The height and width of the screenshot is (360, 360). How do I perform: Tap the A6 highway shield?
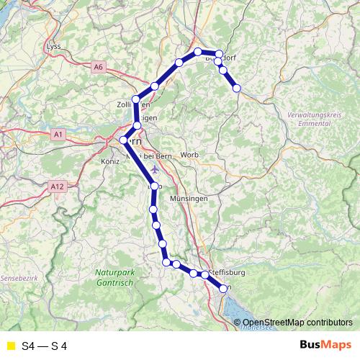click(99, 67)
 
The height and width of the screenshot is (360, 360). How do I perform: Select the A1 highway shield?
click(59, 134)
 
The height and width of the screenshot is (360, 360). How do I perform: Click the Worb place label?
click(189, 155)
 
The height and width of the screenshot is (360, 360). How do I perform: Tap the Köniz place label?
click(102, 162)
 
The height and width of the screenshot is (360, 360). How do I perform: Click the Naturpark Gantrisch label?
click(113, 277)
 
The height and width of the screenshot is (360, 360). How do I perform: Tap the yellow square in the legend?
click(10, 346)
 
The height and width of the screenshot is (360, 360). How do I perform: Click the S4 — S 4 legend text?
click(45, 346)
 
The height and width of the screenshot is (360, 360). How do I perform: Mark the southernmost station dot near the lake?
click(222, 288)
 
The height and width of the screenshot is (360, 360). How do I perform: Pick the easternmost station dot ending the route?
click(236, 88)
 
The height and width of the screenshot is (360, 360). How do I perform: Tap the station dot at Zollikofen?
click(136, 99)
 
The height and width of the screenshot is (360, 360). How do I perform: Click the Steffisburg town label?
click(228, 273)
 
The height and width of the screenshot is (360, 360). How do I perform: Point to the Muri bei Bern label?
click(144, 156)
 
